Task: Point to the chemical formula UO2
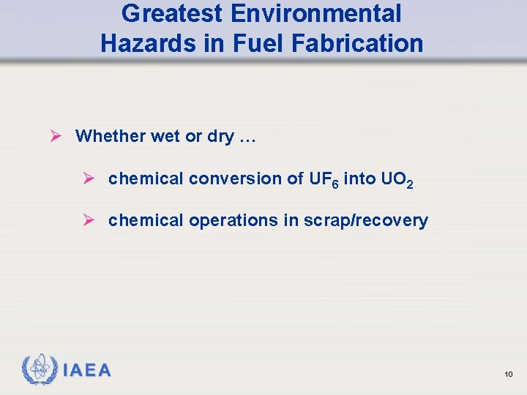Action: [x=398, y=180]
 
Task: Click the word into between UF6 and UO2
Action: [x=359, y=178]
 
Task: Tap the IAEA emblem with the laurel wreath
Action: [x=40, y=369]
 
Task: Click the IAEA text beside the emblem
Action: [x=87, y=370]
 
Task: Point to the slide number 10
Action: [x=509, y=375]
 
